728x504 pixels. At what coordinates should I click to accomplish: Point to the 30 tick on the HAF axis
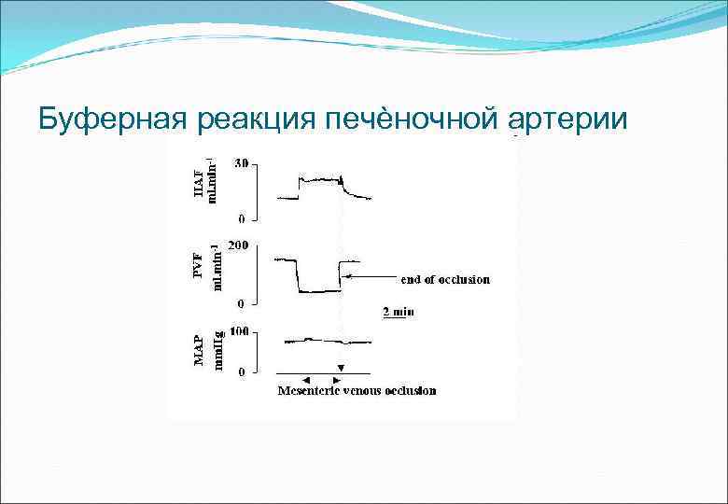click(x=241, y=162)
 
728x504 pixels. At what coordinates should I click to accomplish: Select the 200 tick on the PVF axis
click(x=239, y=245)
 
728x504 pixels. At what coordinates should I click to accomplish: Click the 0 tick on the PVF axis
click(x=242, y=303)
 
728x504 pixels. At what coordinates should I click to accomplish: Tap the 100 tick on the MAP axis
click(x=239, y=331)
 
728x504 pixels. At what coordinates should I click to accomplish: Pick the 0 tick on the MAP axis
click(x=242, y=371)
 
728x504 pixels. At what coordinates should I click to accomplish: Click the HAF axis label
click(x=197, y=179)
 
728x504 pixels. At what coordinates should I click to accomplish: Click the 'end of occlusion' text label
click(x=444, y=278)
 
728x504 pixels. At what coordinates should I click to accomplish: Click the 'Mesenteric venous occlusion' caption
click(x=356, y=390)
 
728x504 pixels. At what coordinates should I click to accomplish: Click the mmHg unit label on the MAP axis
click(x=218, y=349)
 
